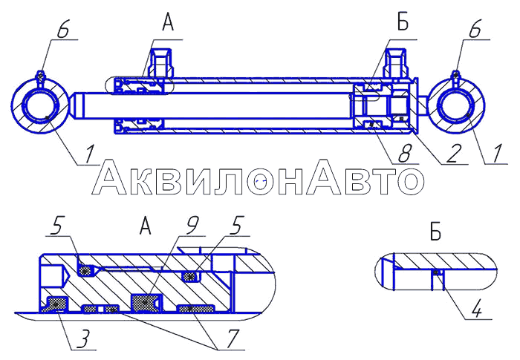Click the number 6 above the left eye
pyautogui.click(x=63, y=30)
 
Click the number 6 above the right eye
pyautogui.click(x=475, y=30)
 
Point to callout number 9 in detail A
pyautogui.click(x=191, y=226)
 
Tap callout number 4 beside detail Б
pyautogui.click(x=477, y=310)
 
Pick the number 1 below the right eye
pyautogui.click(x=496, y=154)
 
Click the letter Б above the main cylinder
pyautogui.click(x=403, y=22)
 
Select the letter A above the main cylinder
pyautogui.click(x=168, y=22)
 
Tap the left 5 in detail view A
pyautogui.click(x=58, y=226)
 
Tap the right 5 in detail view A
pyautogui.click(x=238, y=226)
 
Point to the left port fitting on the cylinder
pyautogui.click(x=161, y=64)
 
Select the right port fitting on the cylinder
pyautogui.click(x=395, y=64)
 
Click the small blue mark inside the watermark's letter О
pyautogui.click(x=261, y=181)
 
